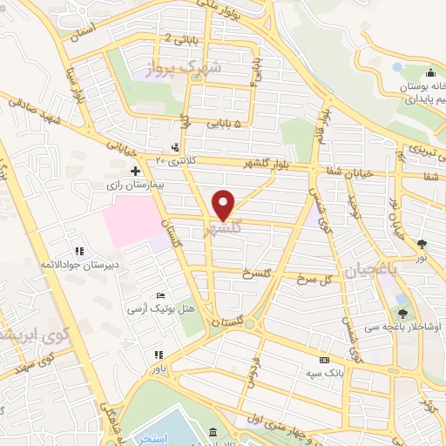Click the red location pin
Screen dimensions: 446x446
[225, 204]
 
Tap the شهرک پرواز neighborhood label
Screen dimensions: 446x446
[187, 68]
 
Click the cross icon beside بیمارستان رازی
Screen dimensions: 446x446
[135, 171]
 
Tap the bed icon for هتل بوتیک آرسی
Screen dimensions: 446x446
[159, 296]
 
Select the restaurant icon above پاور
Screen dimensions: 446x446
[158, 355]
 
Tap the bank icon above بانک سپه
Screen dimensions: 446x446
[324, 360]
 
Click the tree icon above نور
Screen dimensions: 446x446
[422, 245]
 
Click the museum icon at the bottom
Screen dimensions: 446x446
[213, 433]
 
